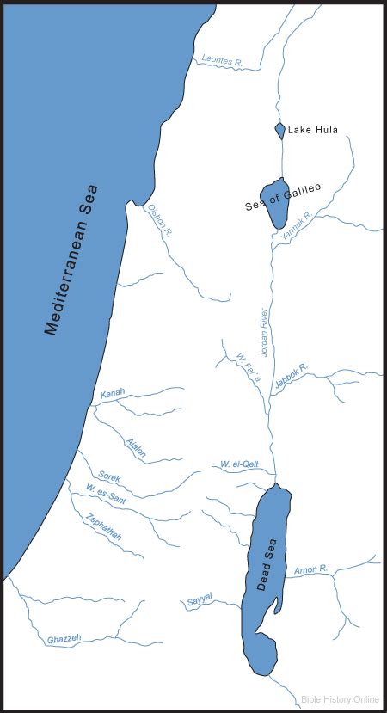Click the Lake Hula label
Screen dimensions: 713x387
pos(313,131)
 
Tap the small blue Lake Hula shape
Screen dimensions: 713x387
pos(279,130)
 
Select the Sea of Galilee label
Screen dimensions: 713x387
pos(283,198)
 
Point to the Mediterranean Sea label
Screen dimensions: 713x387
pos(72,258)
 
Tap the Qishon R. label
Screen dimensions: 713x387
pos(161,220)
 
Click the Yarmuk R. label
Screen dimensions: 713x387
pos(295,226)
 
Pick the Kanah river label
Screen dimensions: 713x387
pos(113,393)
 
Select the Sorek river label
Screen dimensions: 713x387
pos(109,476)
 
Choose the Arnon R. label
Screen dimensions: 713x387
pos(311,569)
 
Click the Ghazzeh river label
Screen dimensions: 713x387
pos(64,638)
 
